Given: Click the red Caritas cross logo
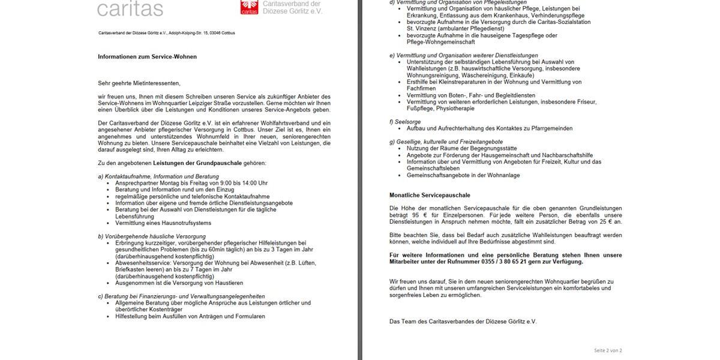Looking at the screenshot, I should (x=246, y=7).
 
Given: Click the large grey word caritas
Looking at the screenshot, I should (x=130, y=8).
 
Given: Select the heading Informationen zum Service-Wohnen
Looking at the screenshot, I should (x=147, y=56).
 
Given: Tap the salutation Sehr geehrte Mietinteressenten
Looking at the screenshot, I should (x=139, y=83).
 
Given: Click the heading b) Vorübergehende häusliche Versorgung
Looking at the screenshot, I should (x=152, y=236).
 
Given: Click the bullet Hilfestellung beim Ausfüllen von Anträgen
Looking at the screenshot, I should (x=190, y=316).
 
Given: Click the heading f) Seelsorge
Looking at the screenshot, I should (x=404, y=122).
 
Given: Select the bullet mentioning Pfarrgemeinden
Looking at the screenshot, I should (x=489, y=128).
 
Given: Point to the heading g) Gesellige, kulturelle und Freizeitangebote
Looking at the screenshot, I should (x=446, y=142).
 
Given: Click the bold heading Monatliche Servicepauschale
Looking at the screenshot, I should (x=430, y=195).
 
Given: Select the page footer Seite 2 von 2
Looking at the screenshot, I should (x=608, y=350).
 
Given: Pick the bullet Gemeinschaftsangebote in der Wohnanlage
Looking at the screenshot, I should (x=463, y=175).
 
